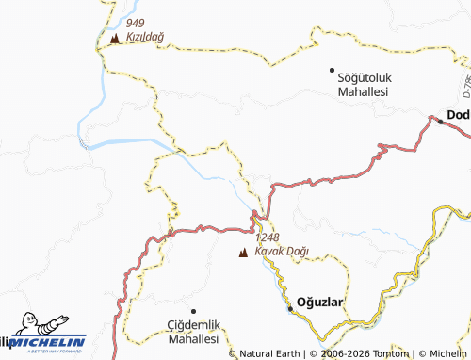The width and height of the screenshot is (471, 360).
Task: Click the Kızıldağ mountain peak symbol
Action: coord(114,40)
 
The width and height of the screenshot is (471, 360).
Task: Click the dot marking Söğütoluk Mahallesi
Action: coord(332,70)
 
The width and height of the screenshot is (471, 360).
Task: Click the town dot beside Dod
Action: coord(439,120)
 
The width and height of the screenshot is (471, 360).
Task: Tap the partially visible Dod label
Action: coord(458,115)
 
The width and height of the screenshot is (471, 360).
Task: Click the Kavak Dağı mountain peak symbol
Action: coord(244,253)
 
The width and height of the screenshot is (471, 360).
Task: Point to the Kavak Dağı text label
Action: coord(282,253)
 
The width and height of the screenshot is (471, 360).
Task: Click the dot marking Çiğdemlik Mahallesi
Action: coord(193,310)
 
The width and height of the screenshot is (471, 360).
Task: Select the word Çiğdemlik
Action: coord(187,323)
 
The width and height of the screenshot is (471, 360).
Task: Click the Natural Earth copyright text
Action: coord(267,353)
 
